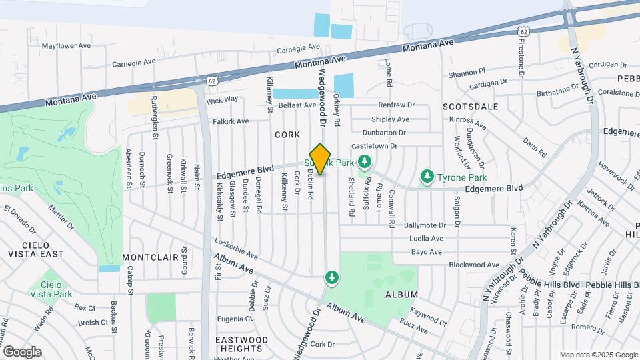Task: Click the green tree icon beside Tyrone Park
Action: pyautogui.click(x=427, y=177)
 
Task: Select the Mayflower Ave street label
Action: pyautogui.click(x=66, y=46)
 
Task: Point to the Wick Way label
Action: pyautogui.click(x=222, y=100)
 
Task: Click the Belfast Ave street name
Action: pyautogui.click(x=297, y=105)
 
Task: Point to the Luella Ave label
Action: pyautogui.click(x=427, y=239)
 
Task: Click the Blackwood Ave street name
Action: pyautogui.click(x=475, y=265)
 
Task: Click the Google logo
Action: pyautogui.click(x=22, y=352)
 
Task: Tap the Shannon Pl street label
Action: pyautogui.click(x=467, y=73)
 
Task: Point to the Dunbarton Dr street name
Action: pyautogui.click(x=385, y=132)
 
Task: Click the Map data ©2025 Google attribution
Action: pyautogui.click(x=598, y=355)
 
